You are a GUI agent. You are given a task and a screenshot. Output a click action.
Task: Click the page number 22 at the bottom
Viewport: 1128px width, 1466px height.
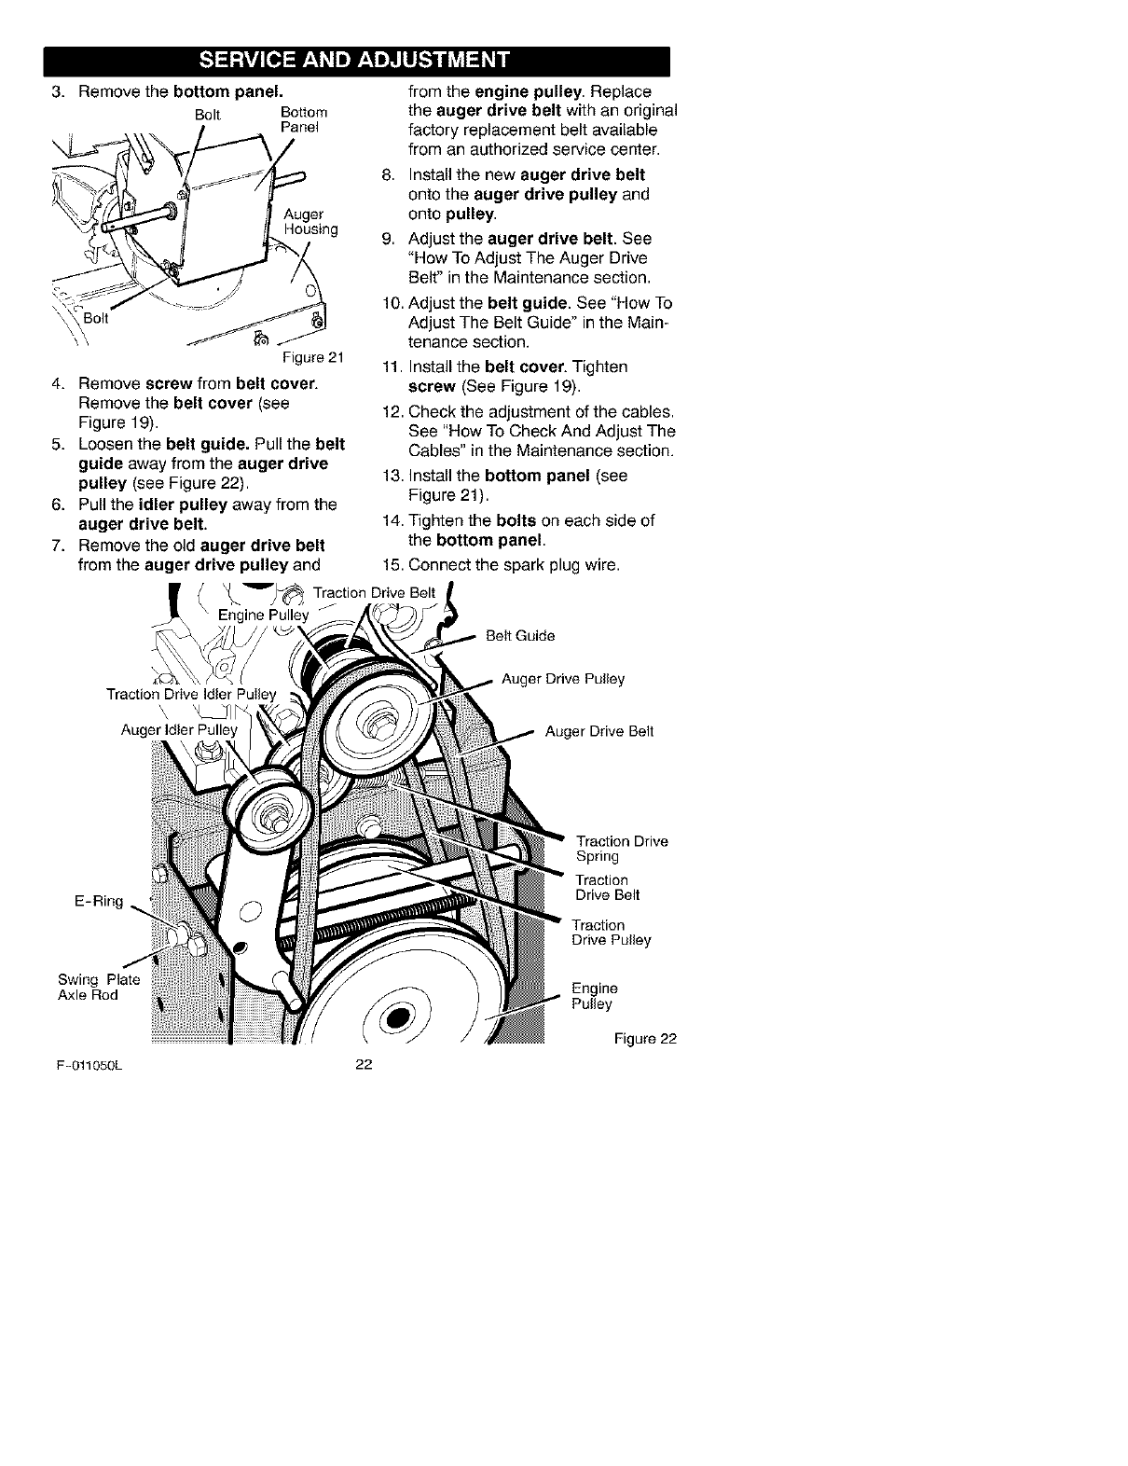click(x=364, y=1067)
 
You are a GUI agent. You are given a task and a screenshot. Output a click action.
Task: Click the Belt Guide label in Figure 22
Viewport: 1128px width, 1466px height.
click(x=520, y=636)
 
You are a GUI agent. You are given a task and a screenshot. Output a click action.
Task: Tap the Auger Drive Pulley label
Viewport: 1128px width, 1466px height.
click(x=563, y=679)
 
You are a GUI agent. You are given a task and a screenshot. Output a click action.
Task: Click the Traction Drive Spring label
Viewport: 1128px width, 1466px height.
click(x=622, y=849)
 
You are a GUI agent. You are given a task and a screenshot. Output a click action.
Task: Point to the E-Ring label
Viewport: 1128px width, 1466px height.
click(x=98, y=902)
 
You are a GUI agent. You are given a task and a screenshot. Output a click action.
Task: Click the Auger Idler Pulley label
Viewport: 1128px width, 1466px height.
click(x=180, y=729)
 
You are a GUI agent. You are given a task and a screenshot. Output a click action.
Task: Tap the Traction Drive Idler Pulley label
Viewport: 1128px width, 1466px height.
click(x=192, y=694)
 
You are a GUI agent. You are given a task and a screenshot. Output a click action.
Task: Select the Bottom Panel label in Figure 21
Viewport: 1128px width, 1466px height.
click(x=300, y=119)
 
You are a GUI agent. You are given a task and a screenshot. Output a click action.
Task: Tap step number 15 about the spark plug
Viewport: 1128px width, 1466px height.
click(x=392, y=565)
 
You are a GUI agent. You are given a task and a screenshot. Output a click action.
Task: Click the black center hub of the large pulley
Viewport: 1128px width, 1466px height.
click(x=398, y=1016)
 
